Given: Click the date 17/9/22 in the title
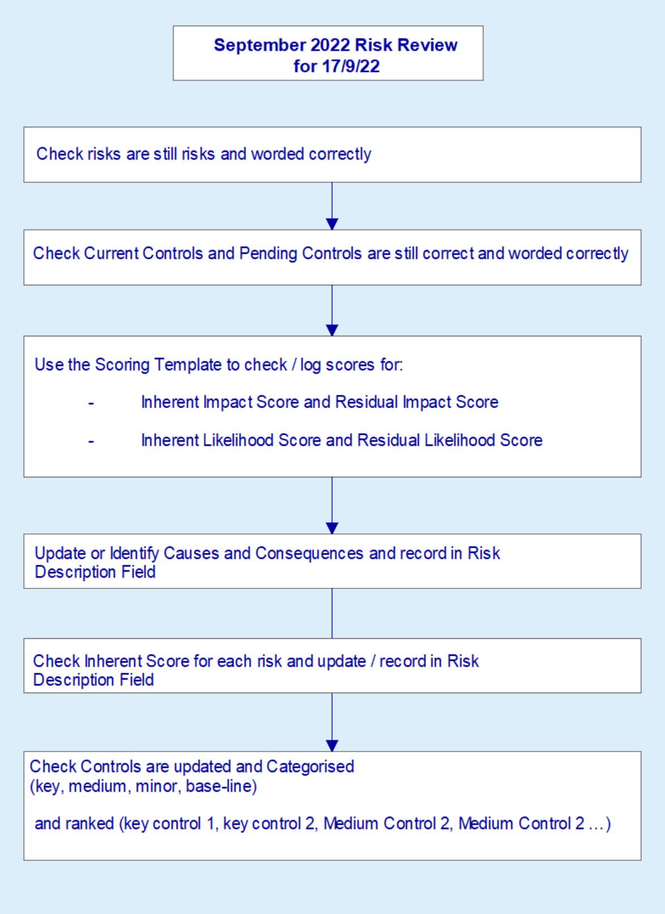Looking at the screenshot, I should click(351, 66).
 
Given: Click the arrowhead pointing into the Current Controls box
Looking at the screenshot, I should click(332, 224).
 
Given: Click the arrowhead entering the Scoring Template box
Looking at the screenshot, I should click(332, 330).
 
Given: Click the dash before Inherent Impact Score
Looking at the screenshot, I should click(91, 403).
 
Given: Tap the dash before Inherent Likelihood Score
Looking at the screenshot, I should click(91, 441).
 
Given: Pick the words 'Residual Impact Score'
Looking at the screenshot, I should click(417, 402).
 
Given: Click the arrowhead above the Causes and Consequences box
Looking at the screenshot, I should click(332, 528).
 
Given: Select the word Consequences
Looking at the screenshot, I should click(310, 553).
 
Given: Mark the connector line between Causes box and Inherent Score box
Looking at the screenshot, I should click(332, 613).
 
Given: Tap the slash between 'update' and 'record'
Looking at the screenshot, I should click(372, 661).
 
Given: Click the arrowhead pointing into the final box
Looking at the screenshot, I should click(332, 745).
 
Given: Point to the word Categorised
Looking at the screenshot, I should click(310, 766).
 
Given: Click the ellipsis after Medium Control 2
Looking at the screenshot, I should click(597, 824).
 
